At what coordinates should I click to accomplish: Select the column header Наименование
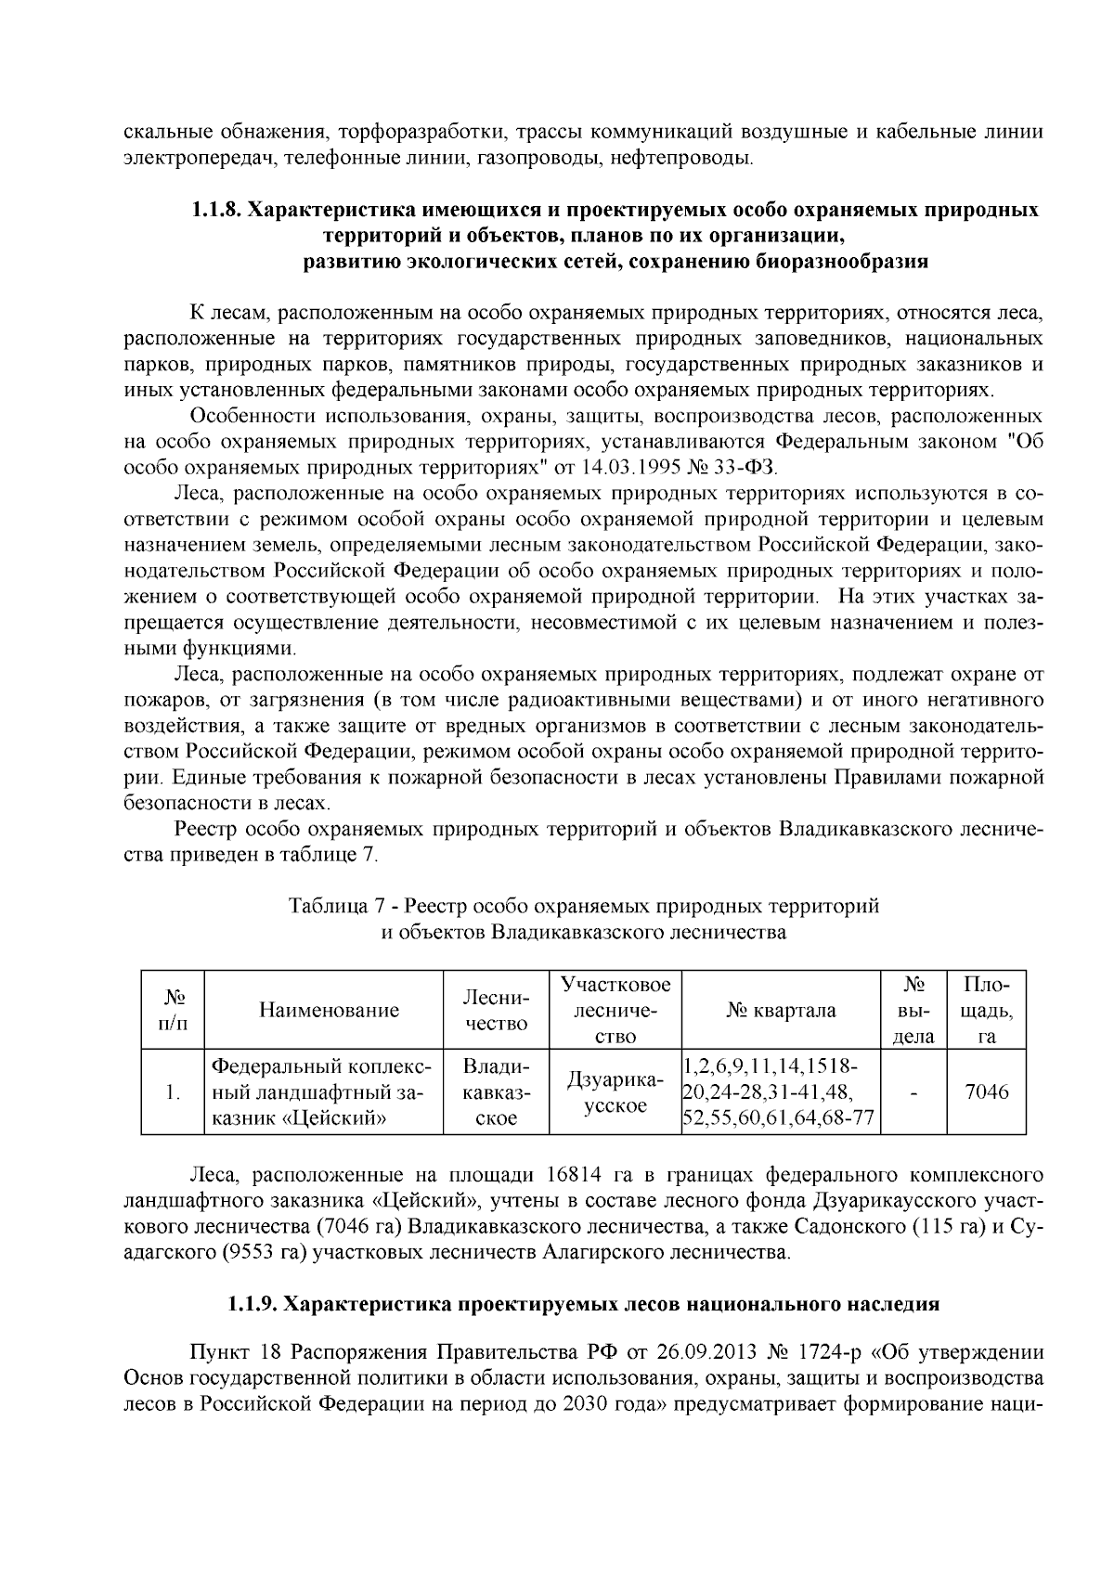point(329,1010)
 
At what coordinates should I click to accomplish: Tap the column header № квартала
point(781,1010)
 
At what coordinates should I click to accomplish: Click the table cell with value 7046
point(986,1092)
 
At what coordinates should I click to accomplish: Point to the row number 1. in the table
point(172,1092)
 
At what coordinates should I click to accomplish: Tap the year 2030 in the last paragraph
point(589,1402)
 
